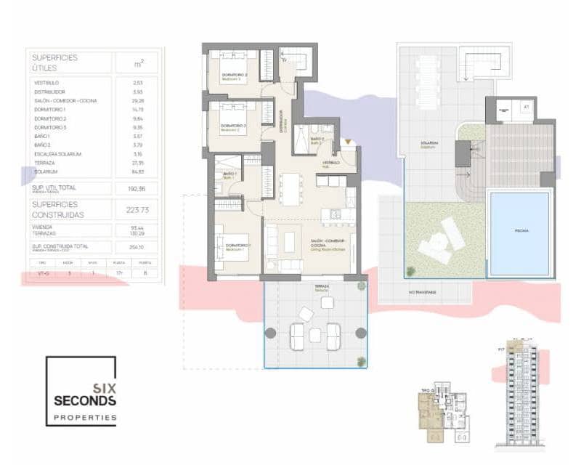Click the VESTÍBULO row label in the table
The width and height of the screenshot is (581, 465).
click(46, 83)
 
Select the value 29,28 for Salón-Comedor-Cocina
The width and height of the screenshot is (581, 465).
click(138, 101)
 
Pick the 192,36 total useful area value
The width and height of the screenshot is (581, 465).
click(138, 188)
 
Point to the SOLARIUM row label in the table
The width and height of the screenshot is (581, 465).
click(46, 172)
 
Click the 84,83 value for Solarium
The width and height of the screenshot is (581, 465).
click(138, 172)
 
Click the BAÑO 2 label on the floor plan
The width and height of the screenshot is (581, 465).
click(317, 138)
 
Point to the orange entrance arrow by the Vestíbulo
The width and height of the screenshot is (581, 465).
click(349, 142)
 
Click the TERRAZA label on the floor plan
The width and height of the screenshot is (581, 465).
click(322, 286)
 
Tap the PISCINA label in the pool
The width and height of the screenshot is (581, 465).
click(522, 230)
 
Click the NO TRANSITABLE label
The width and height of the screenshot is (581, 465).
click(421, 292)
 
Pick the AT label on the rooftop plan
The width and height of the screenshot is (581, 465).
click(526, 106)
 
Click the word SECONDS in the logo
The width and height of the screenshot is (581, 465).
click(84, 400)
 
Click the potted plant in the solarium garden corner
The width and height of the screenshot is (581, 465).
click(411, 271)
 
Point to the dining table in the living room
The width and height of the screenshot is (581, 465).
click(293, 188)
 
